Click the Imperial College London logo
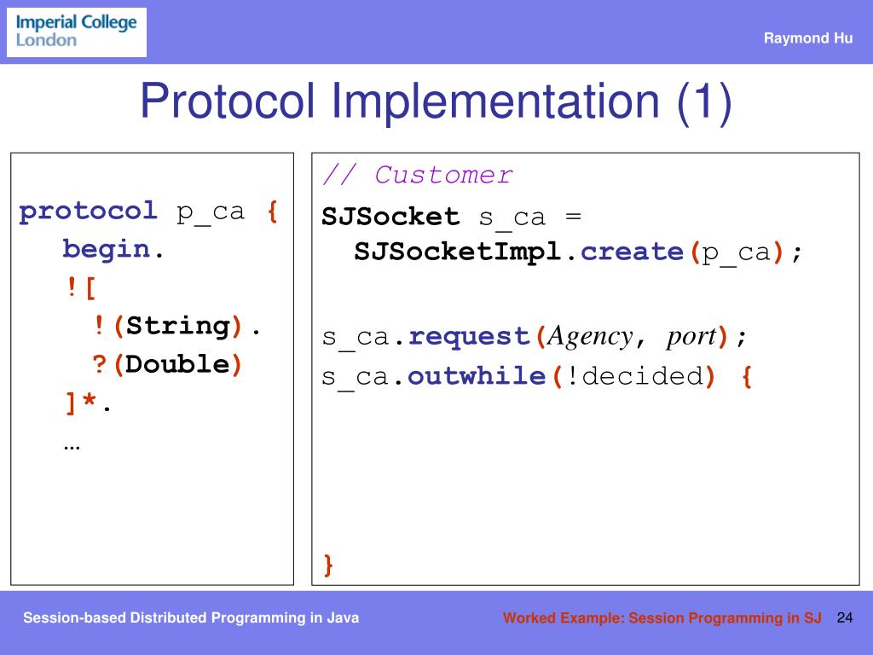(77, 32)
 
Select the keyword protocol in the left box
(89, 211)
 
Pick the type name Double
(179, 364)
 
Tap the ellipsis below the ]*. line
(72, 444)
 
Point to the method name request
(471, 337)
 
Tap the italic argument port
(691, 337)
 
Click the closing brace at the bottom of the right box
(328, 565)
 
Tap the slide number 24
(845, 617)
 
